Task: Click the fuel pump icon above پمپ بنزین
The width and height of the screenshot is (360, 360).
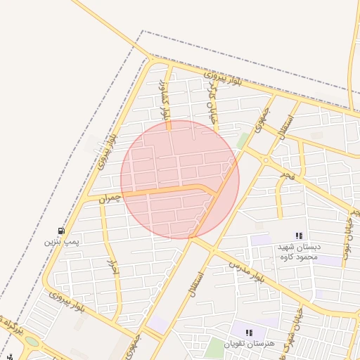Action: pyautogui.click(x=61, y=231)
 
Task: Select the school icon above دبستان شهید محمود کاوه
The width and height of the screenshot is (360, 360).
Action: pyautogui.click(x=299, y=236)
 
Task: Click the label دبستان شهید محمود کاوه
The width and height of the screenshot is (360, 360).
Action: pyautogui.click(x=298, y=252)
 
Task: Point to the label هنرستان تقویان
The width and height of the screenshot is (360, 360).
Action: pyautogui.click(x=247, y=344)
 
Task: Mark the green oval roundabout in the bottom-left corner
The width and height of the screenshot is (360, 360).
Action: pyautogui.click(x=32, y=342)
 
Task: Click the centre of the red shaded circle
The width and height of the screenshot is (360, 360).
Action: pyautogui.click(x=180, y=180)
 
